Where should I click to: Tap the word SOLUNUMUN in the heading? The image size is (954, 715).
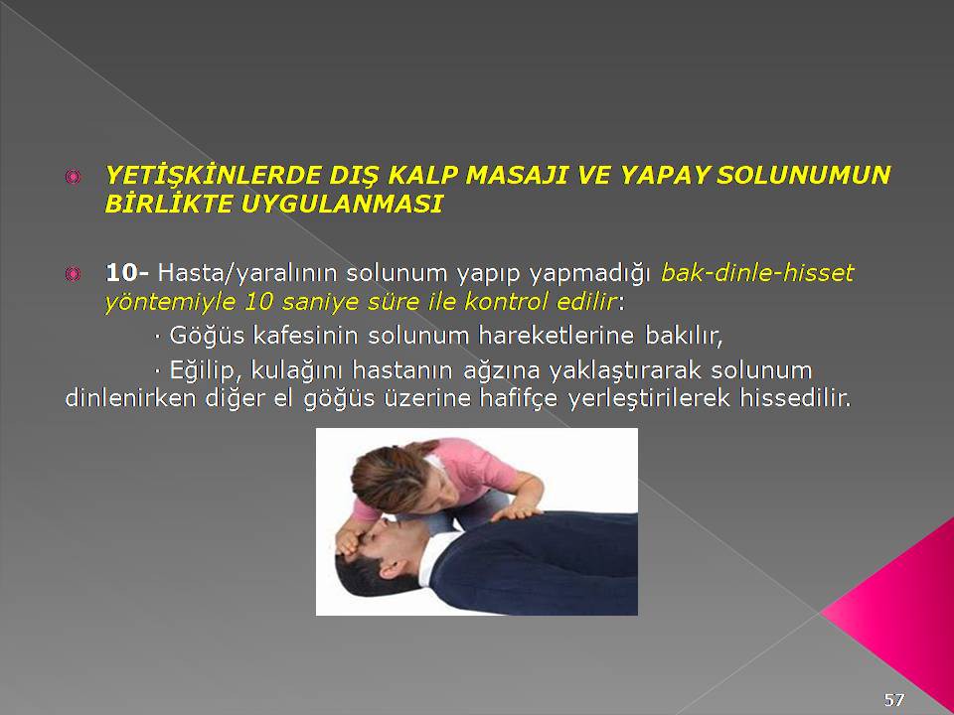pyautogui.click(x=803, y=175)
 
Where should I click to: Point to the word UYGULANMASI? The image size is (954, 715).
pyautogui.click(x=341, y=204)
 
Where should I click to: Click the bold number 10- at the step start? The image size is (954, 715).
pyautogui.click(x=126, y=273)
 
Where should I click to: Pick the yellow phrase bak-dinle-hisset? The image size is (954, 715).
pyautogui.click(x=757, y=273)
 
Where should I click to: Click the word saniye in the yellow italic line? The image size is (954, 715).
pyautogui.click(x=319, y=302)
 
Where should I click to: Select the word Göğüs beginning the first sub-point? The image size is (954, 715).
pyautogui.click(x=207, y=336)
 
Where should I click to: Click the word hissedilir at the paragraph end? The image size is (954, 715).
pyautogui.click(x=794, y=399)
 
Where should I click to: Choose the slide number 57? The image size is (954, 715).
pyautogui.click(x=893, y=700)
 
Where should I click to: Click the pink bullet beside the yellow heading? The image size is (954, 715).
pyautogui.click(x=73, y=177)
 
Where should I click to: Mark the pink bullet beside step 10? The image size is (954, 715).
pyautogui.click(x=73, y=275)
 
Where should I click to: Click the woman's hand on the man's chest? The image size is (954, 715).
pyautogui.click(x=516, y=512)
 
